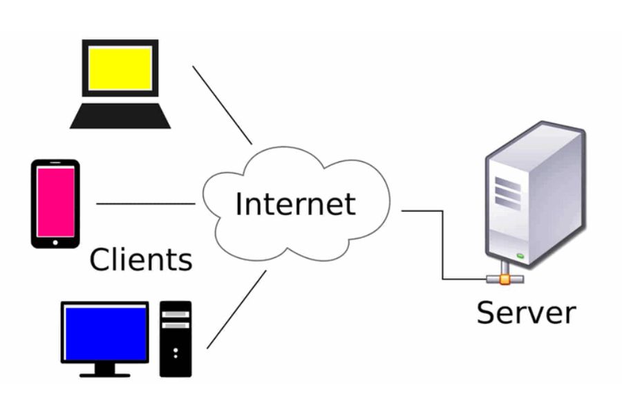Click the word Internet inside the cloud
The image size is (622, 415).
tap(296, 204)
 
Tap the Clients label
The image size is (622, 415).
tap(141, 259)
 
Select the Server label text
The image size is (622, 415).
tap(526, 313)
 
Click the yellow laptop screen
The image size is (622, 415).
tap(120, 68)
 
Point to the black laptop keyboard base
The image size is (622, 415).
tap(120, 116)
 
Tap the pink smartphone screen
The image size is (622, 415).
tap(55, 202)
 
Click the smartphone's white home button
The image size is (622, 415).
tap(55, 243)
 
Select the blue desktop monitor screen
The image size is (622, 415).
tap(106, 334)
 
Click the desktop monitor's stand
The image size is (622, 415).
tap(105, 370)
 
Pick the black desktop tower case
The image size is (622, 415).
tap(176, 339)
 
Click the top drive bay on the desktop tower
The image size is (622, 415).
tap(176, 314)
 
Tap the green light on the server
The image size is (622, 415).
tap(520, 256)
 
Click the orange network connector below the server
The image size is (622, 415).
tap(505, 279)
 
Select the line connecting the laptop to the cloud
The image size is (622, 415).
tap(222, 105)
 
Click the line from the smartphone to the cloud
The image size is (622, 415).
tap(146, 204)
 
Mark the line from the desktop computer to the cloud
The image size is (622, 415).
tap(236, 310)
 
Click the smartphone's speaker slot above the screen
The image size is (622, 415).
tap(55, 163)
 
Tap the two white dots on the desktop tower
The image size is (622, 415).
tap(176, 353)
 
